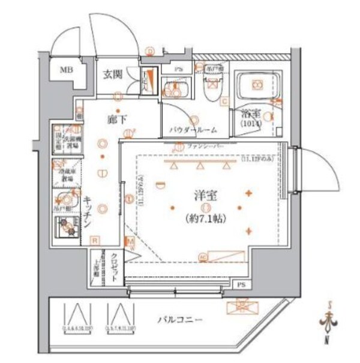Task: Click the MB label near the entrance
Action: (64, 70)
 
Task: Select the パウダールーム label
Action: (193, 130)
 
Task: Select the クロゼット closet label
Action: (114, 262)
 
